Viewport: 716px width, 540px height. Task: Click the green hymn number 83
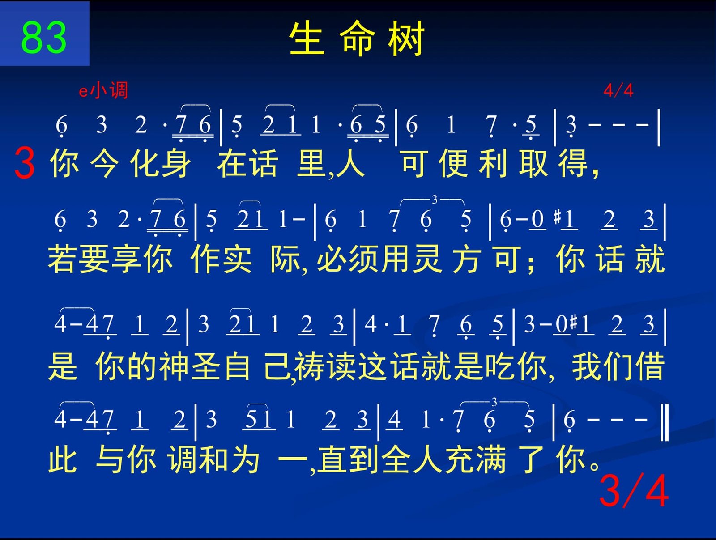click(x=44, y=37)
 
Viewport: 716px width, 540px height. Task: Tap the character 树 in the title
click(x=406, y=38)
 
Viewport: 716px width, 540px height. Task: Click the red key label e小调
click(x=103, y=90)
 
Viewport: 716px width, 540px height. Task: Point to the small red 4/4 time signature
click(x=618, y=90)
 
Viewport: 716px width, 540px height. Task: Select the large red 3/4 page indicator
click(x=634, y=491)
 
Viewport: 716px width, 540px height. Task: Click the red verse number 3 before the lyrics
click(x=25, y=162)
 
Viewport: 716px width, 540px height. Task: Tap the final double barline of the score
click(x=665, y=422)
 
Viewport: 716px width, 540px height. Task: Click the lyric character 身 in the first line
click(x=176, y=163)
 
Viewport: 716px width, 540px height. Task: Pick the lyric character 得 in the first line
click(x=572, y=163)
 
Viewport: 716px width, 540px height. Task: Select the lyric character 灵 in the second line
click(x=427, y=259)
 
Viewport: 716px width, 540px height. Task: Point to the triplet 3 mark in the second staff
click(x=434, y=200)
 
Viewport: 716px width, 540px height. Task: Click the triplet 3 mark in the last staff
click(x=494, y=402)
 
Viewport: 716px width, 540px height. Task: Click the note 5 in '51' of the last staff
click(x=251, y=419)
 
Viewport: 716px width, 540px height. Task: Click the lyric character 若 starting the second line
click(x=62, y=259)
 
